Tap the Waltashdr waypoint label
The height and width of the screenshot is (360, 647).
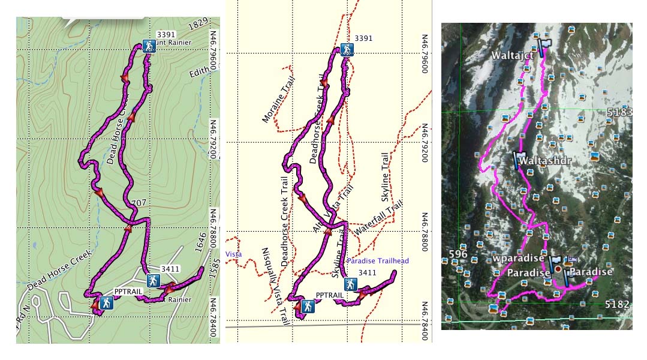click(544, 161)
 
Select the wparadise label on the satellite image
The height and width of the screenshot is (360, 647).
click(518, 259)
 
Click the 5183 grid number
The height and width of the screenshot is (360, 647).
click(619, 113)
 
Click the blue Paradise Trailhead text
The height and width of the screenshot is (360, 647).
click(378, 261)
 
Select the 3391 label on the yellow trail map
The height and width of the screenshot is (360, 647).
click(363, 38)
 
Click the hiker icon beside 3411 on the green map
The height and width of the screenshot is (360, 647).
click(153, 280)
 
